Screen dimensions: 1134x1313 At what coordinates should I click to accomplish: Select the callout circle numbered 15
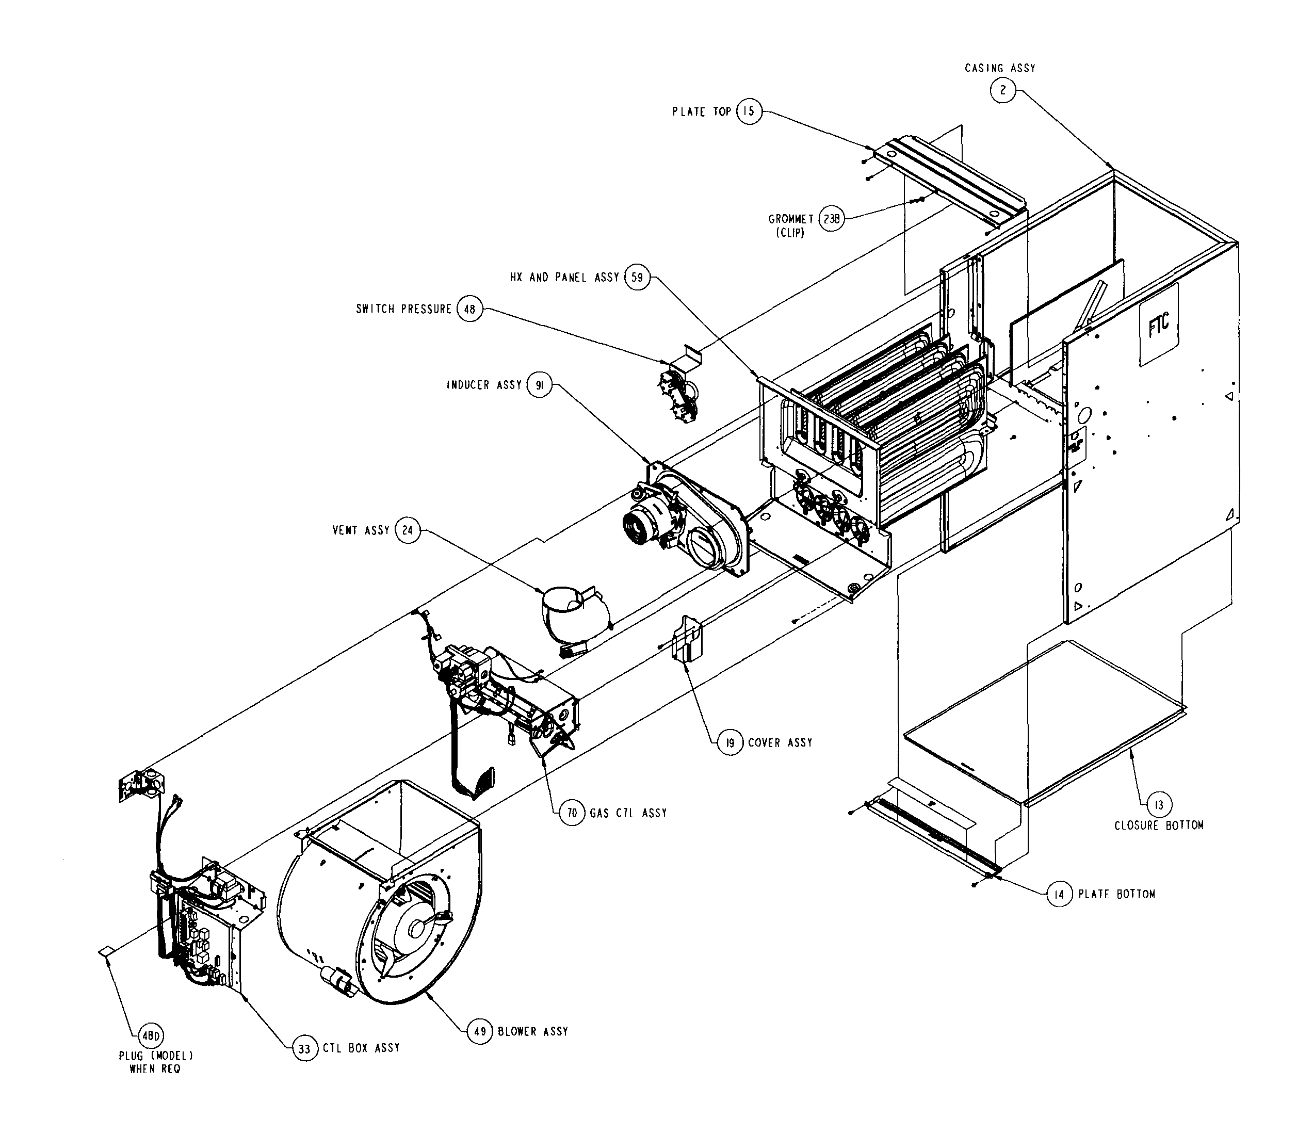pyautogui.click(x=749, y=111)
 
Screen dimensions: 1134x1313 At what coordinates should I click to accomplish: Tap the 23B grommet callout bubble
pyautogui.click(x=832, y=219)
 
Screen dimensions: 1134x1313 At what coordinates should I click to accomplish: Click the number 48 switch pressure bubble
pyautogui.click(x=469, y=310)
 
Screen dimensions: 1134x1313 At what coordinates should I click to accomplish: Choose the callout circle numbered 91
pyautogui.click(x=539, y=385)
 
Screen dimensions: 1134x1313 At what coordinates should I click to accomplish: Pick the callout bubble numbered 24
pyautogui.click(x=408, y=530)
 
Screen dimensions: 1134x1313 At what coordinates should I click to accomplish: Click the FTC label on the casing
pyautogui.click(x=1158, y=325)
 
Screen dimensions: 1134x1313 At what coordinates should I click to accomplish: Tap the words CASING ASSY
pyautogui.click(x=999, y=68)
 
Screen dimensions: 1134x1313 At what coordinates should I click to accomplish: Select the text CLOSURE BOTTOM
pyautogui.click(x=1158, y=825)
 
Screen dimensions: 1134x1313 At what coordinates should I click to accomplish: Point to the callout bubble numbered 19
pyautogui.click(x=730, y=742)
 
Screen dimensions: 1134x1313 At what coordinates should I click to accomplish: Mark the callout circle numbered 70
pyautogui.click(x=572, y=813)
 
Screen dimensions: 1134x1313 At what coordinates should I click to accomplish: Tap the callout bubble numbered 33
pyautogui.click(x=304, y=1048)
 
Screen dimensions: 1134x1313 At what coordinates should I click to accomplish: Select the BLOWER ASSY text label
pyautogui.click(x=532, y=1031)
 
